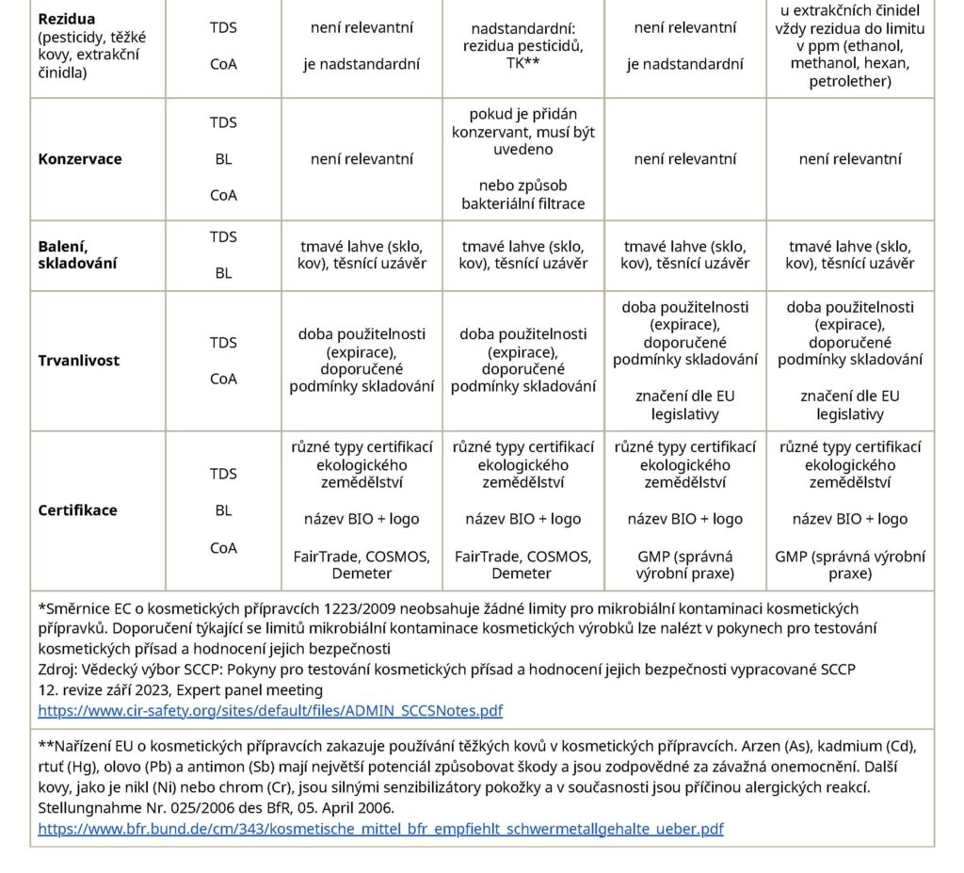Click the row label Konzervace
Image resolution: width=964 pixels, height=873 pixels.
[80, 159]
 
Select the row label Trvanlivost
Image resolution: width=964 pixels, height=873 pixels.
[79, 361]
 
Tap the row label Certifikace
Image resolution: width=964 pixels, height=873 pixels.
[78, 510]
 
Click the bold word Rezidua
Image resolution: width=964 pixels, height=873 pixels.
[67, 19]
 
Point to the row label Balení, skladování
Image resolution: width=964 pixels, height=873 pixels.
[78, 254]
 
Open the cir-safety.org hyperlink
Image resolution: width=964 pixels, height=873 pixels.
[270, 710]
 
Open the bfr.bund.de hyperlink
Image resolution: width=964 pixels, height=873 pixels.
[380, 829]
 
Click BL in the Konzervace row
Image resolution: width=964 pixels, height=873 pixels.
[223, 159]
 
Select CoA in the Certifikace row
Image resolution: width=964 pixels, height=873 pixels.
[223, 548]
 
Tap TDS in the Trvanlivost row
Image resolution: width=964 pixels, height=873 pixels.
[223, 343]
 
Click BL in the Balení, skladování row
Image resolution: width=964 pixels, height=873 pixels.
[223, 273]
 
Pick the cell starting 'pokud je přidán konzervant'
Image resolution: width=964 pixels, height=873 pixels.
[522, 158]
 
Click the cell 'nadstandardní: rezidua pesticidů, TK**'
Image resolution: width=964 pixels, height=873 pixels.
[522, 46]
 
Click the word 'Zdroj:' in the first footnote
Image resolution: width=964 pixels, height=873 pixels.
[57, 669]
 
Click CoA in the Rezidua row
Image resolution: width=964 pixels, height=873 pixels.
[223, 65]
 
